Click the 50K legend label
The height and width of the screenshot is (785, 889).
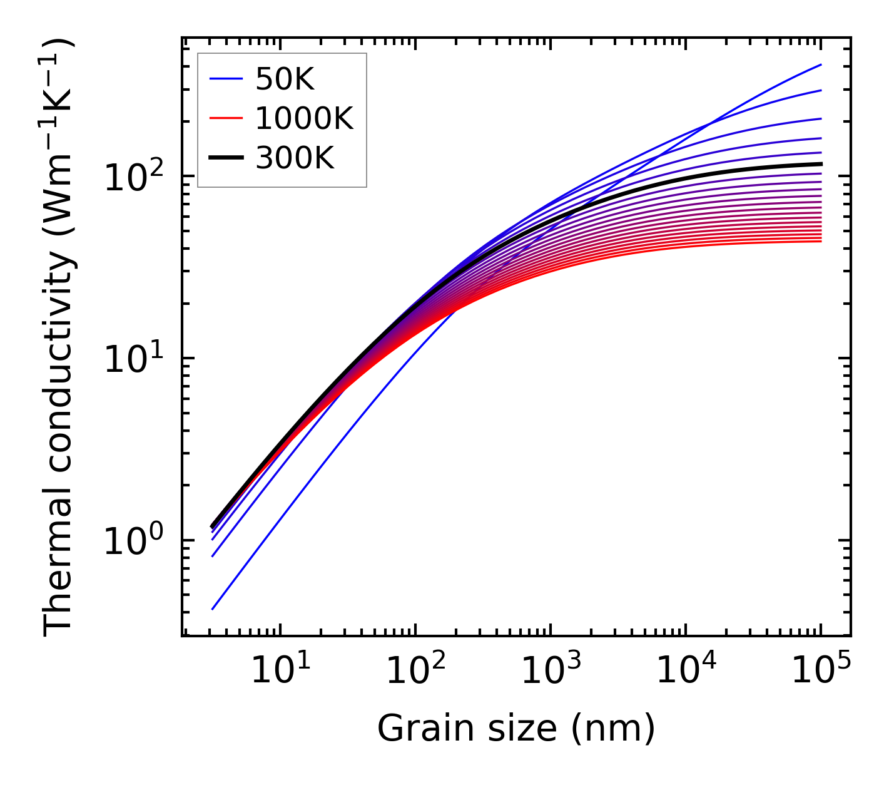point(285,79)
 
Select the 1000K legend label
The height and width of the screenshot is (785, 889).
point(304,118)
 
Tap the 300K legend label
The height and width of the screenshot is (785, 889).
point(295,158)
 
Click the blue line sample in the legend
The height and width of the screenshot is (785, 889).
point(226,79)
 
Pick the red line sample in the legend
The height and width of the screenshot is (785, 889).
point(226,118)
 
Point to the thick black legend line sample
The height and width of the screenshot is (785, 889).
point(226,158)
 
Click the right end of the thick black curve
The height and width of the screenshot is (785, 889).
point(820,164)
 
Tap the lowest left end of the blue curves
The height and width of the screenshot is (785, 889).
point(213,608)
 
